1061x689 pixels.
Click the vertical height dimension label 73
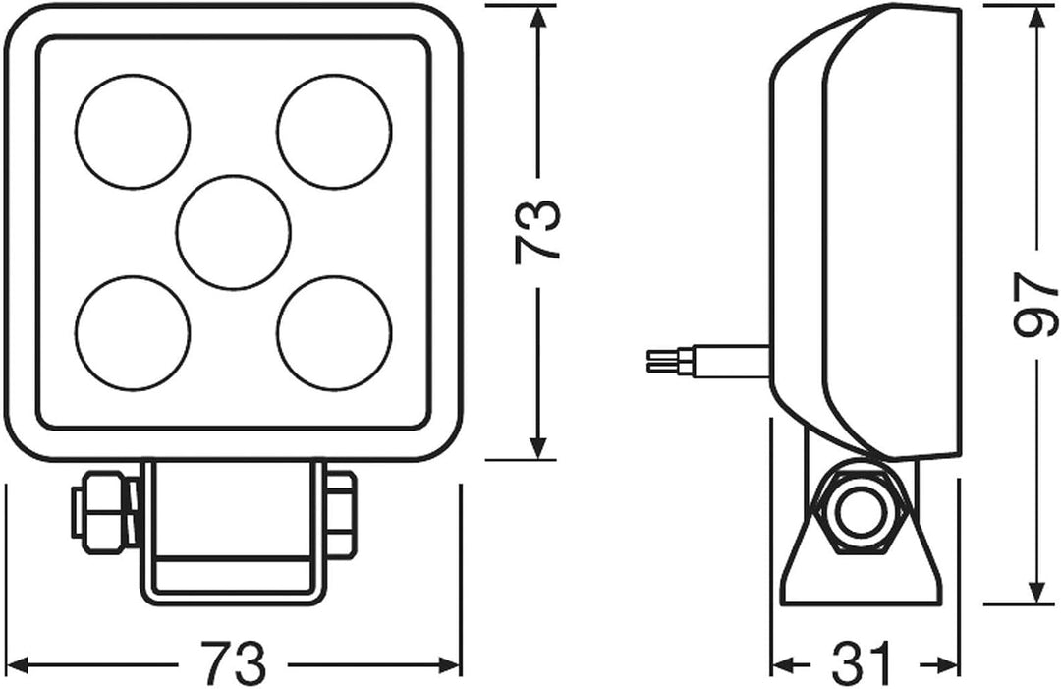(538, 232)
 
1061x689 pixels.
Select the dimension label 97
(1036, 304)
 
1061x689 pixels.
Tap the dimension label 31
(862, 664)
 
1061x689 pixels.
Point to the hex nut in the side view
(860, 512)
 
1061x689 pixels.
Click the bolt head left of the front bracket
(105, 512)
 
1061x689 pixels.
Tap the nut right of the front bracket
(340, 512)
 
